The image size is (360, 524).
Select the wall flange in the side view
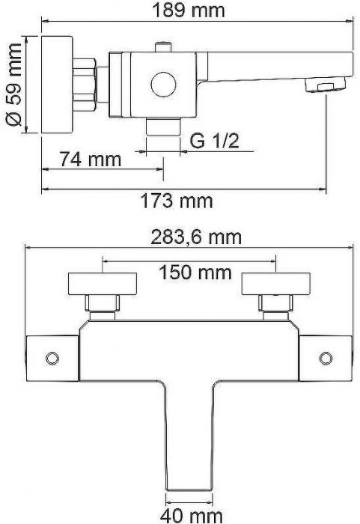(x=57, y=84)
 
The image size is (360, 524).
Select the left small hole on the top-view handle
(x=51, y=357)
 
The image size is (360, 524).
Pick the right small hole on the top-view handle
(x=327, y=357)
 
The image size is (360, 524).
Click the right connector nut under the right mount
(x=275, y=304)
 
